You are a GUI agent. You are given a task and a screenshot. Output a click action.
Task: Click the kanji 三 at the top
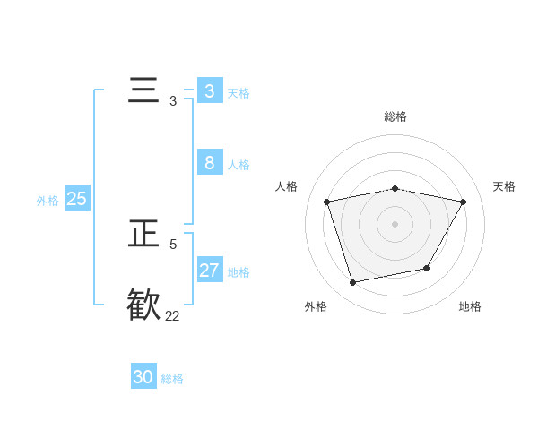tap(144, 91)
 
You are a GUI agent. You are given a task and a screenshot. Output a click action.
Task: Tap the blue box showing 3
tap(209, 91)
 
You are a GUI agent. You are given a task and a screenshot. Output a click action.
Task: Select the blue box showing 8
tap(209, 163)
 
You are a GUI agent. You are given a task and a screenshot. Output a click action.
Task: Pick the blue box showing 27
tap(209, 271)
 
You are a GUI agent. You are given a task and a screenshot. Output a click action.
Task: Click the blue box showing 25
tap(76, 199)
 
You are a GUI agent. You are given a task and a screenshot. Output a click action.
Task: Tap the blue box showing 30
tap(143, 377)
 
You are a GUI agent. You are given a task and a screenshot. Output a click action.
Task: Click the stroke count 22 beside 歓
tap(172, 315)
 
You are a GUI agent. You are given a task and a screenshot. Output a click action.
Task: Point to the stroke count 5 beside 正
tap(173, 244)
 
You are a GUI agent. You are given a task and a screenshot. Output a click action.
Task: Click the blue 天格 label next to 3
tap(239, 92)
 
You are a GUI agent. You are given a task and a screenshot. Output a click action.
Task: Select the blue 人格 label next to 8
tap(239, 164)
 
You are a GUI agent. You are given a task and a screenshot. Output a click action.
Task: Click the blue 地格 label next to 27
tap(239, 271)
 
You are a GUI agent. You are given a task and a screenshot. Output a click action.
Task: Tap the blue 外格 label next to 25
tap(48, 201)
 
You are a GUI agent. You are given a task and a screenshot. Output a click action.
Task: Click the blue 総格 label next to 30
tap(172, 379)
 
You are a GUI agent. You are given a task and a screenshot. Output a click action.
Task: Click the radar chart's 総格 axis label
tap(395, 116)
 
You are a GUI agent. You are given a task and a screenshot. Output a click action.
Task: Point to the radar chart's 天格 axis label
tap(505, 186)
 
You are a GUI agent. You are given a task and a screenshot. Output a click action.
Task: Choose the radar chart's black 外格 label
tap(316, 306)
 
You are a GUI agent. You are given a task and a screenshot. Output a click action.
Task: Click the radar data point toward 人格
tap(327, 202)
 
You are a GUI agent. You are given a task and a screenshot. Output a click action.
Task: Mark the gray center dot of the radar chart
tap(395, 223)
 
